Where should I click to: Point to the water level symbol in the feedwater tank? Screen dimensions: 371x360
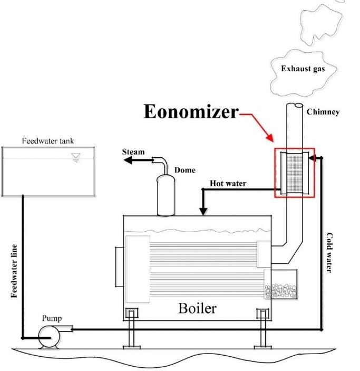76,157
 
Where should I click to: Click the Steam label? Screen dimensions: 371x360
133,152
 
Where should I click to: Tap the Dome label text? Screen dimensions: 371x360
184,170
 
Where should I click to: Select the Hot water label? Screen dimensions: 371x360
228,184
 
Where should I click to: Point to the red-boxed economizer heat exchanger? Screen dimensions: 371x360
294,173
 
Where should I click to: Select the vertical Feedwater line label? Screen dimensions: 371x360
15,270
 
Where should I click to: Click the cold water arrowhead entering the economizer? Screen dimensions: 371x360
312,157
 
